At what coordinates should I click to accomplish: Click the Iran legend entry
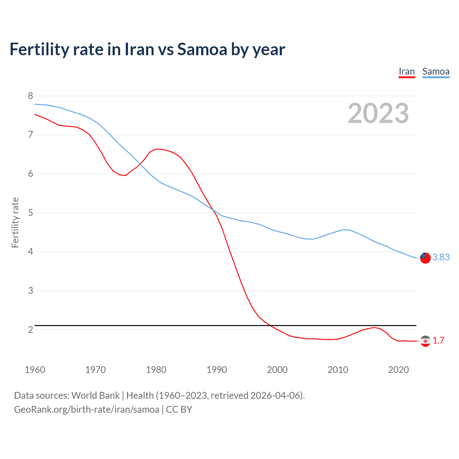407,72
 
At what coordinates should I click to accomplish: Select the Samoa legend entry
436,72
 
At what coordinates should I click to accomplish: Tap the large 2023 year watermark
378,113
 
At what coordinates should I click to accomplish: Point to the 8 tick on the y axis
30,96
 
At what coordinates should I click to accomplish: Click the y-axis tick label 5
30,213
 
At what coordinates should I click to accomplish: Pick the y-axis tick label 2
30,329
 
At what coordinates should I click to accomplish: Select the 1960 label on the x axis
35,370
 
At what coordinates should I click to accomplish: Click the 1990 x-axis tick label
217,370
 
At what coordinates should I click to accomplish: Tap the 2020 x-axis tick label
398,370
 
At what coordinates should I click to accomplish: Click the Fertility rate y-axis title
15,222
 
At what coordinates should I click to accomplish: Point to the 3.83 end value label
441,257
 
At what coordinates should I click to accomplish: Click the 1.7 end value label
438,340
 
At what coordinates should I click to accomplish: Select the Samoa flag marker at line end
425,258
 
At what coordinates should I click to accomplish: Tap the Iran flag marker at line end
425,341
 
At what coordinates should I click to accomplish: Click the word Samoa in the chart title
202,49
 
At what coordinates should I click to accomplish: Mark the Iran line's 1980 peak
156,149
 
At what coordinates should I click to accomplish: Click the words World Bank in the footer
95,396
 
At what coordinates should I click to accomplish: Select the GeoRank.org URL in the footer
86,410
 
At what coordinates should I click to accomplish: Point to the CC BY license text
179,410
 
